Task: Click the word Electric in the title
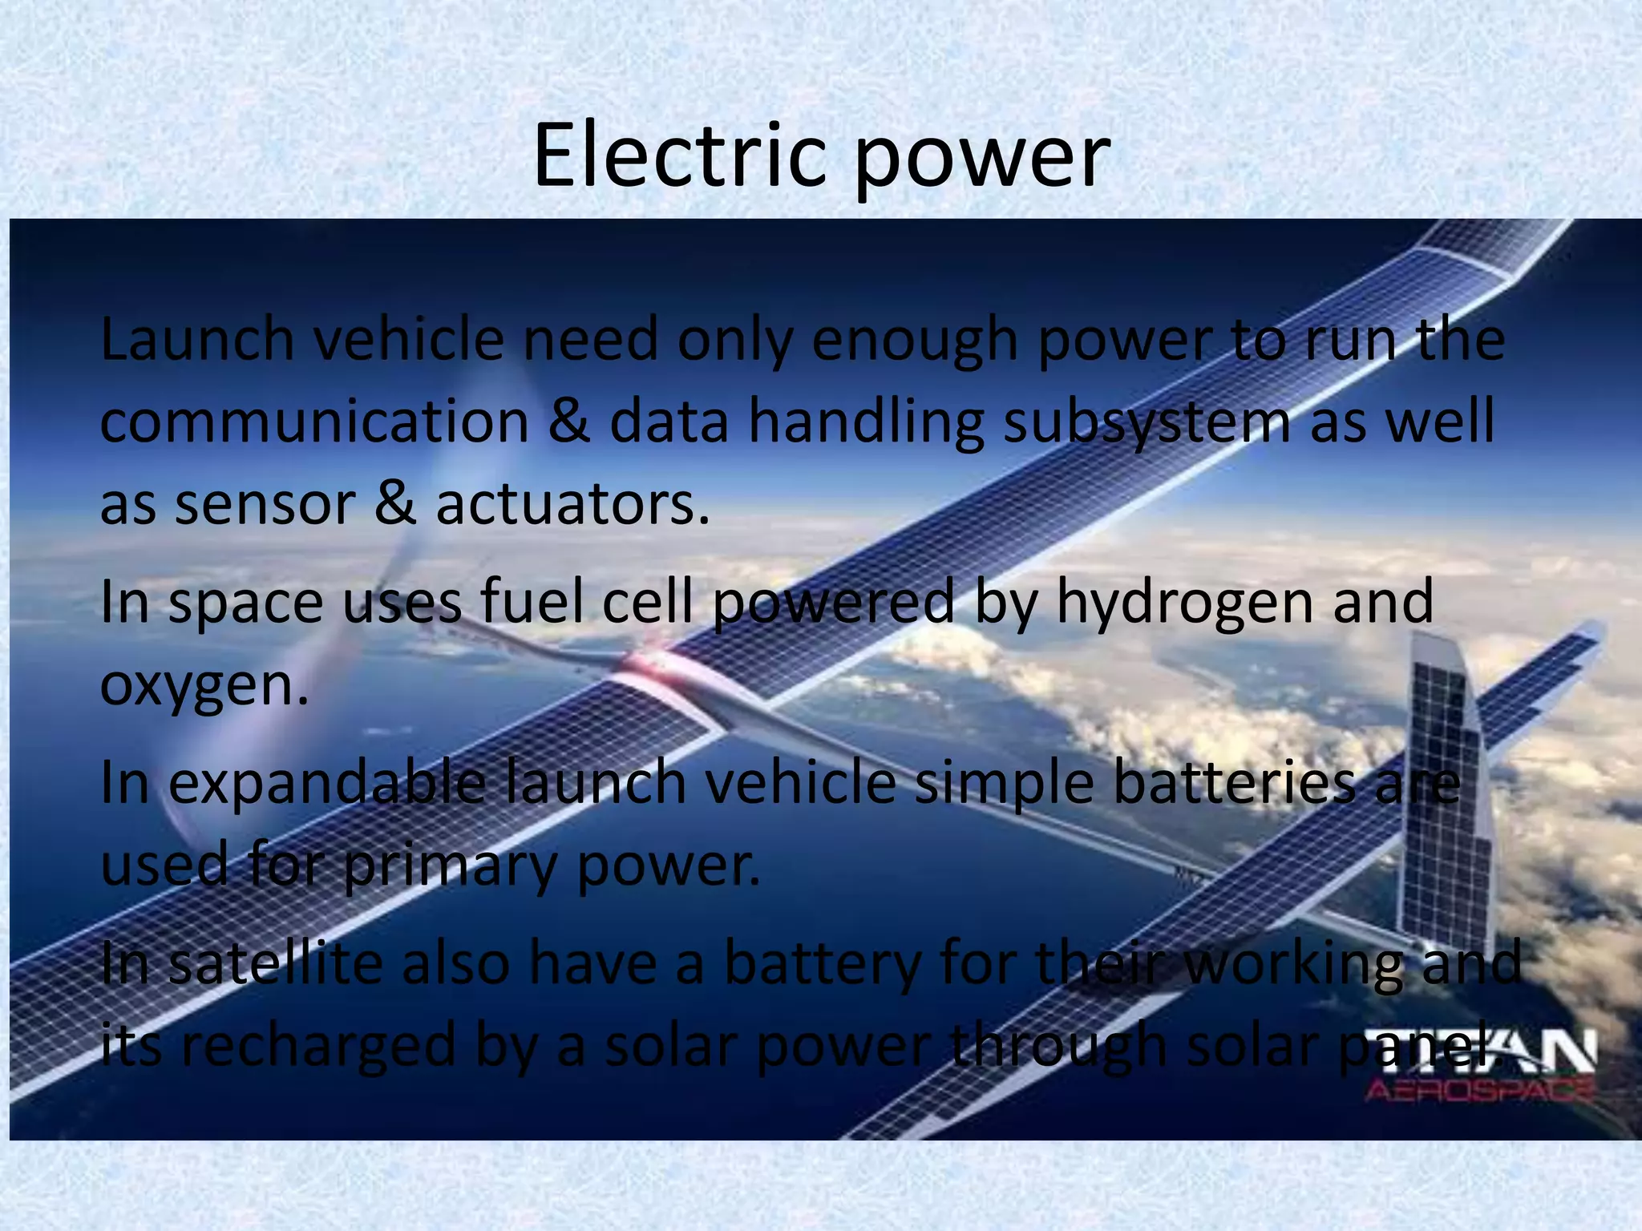pyautogui.click(x=678, y=156)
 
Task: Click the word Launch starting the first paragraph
pyautogui.click(x=197, y=340)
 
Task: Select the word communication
pyautogui.click(x=314, y=422)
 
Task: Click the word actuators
pyautogui.click(x=572, y=505)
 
